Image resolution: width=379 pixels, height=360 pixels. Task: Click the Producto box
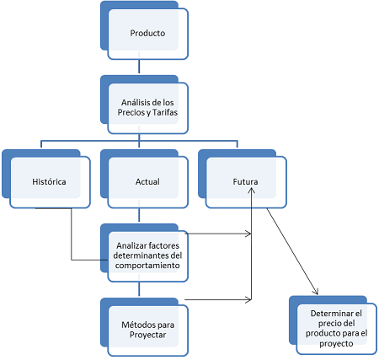(x=144, y=30)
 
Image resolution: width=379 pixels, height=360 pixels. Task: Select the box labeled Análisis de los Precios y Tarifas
(x=144, y=105)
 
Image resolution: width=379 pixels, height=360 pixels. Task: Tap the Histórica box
(x=46, y=179)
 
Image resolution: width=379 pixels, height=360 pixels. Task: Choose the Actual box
(x=144, y=179)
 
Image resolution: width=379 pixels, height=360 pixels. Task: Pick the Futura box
(x=243, y=179)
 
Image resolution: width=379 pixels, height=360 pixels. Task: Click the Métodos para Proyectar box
(x=144, y=327)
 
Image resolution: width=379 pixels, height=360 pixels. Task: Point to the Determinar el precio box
(x=333, y=325)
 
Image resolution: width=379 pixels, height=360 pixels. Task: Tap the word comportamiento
(x=147, y=266)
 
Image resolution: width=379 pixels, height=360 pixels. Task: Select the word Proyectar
(x=147, y=335)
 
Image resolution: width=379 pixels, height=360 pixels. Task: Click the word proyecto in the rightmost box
(x=336, y=343)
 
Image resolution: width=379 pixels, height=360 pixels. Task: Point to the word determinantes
(x=138, y=255)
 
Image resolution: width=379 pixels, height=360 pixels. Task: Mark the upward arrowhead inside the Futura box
(x=252, y=191)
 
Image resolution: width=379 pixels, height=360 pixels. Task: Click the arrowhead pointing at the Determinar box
(x=316, y=292)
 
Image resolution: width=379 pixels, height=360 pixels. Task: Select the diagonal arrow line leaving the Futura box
(x=292, y=251)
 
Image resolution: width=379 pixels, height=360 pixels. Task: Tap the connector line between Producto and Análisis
(x=139, y=67)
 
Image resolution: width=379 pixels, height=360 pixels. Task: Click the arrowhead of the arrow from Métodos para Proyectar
(x=248, y=300)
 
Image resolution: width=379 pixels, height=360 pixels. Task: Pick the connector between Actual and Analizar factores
(x=139, y=215)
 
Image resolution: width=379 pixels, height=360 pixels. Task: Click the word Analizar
(x=130, y=245)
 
